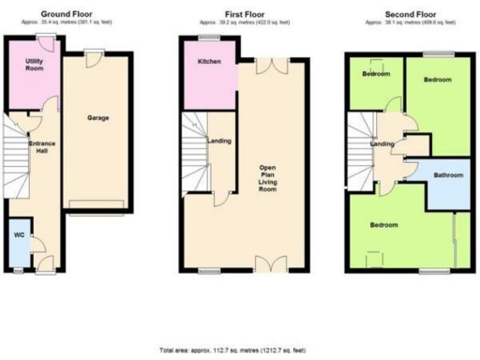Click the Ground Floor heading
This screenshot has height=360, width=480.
point(68,13)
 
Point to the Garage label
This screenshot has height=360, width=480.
point(98,119)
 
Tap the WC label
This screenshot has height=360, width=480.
point(19,235)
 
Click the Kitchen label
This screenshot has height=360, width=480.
point(209,62)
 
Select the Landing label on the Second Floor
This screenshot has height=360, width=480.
point(382,143)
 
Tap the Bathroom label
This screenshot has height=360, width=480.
point(448,174)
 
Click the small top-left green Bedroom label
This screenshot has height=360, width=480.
point(377,73)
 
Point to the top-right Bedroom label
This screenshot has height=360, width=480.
point(438,81)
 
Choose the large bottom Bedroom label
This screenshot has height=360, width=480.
point(382,226)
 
